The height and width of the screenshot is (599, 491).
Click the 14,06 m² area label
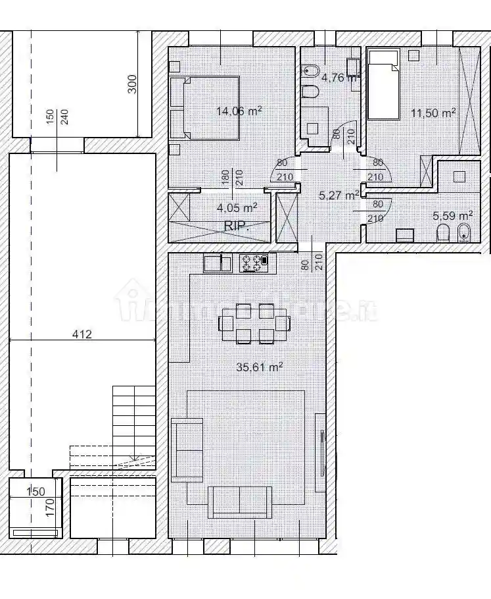point(239,111)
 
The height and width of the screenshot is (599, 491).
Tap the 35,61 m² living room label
point(259,367)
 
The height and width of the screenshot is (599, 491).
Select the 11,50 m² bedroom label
point(433,113)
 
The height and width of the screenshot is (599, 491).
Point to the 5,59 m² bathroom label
point(453,215)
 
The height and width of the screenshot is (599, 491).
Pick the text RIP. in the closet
point(235,225)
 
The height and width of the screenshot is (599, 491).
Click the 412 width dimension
point(82,334)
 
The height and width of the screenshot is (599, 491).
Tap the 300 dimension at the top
point(132,84)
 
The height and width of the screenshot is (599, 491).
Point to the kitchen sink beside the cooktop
point(217,263)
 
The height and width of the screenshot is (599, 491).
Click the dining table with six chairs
point(254,323)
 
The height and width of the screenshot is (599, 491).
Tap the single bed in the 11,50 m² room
point(383,86)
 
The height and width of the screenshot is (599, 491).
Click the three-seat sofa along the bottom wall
point(240,502)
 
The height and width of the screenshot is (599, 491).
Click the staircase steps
point(133,421)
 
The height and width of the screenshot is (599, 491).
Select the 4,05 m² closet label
point(237,207)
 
